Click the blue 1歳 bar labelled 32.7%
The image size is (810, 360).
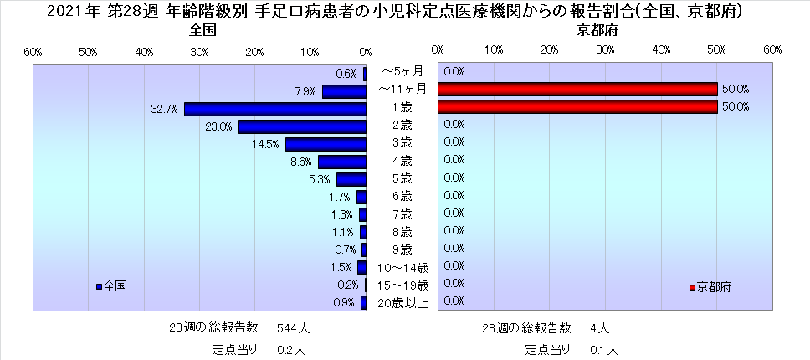pyautogui.click(x=275, y=109)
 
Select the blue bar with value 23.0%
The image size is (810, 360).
pyautogui.click(x=302, y=126)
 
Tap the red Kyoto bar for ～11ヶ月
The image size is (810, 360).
pyautogui.click(x=577, y=89)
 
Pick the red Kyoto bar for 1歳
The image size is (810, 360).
pyautogui.click(x=577, y=106)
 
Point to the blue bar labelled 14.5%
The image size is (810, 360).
pyautogui.click(x=326, y=144)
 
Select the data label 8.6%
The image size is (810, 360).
pyautogui.click(x=301, y=162)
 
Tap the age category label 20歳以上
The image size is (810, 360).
pyautogui.click(x=402, y=302)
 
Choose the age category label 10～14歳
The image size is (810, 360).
pyautogui.click(x=402, y=267)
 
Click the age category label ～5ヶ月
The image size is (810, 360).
pyautogui.click(x=402, y=71)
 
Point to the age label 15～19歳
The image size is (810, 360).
pyautogui.click(x=402, y=285)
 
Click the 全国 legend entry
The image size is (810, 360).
pyautogui.click(x=111, y=286)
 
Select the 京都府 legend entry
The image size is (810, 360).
pyautogui.click(x=710, y=287)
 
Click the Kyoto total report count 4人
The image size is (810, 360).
pyautogui.click(x=599, y=327)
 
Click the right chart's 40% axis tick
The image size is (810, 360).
pyautogui.click(x=661, y=52)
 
